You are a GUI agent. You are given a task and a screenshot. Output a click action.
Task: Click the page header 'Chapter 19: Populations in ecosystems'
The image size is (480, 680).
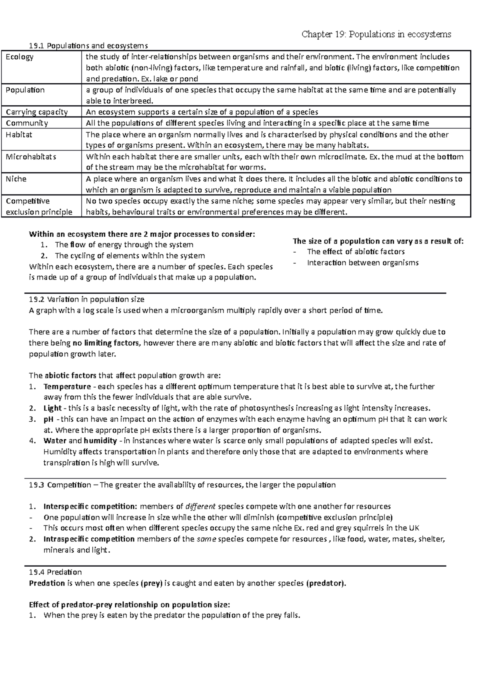[376, 34]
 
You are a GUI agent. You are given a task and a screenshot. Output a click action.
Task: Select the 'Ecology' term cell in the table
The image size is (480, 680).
[20, 57]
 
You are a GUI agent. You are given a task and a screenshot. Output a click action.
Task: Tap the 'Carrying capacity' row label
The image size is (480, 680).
[36, 112]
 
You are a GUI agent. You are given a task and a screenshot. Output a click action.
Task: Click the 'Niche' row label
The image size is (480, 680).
[16, 179]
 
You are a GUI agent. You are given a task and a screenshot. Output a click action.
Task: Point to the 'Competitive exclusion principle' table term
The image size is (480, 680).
[39, 207]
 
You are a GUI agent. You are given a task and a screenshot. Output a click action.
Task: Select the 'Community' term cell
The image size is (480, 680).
[27, 123]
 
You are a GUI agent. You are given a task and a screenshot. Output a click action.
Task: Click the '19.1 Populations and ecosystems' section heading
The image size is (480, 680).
[86, 46]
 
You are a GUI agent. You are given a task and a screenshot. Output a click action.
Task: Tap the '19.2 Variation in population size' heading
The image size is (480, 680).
[86, 299]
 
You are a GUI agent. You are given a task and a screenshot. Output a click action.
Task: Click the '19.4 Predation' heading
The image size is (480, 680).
[55, 572]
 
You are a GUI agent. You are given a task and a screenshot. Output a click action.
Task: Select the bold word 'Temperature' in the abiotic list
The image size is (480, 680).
[67, 386]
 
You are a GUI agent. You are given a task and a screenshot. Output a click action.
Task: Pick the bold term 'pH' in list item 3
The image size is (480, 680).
[48, 419]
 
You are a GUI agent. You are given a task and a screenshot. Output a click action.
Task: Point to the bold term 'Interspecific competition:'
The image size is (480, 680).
[90, 506]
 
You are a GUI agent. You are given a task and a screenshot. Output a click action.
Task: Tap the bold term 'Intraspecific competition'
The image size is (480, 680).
[89, 539]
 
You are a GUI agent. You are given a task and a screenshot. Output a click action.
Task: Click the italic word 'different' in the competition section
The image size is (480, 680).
[201, 506]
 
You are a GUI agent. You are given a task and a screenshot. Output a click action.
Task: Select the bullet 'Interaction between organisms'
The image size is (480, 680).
[362, 263]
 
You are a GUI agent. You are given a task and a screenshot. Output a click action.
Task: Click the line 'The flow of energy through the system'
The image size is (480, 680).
[124, 245]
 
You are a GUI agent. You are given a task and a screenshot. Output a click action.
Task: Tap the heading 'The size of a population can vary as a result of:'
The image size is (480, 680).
[378, 241]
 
